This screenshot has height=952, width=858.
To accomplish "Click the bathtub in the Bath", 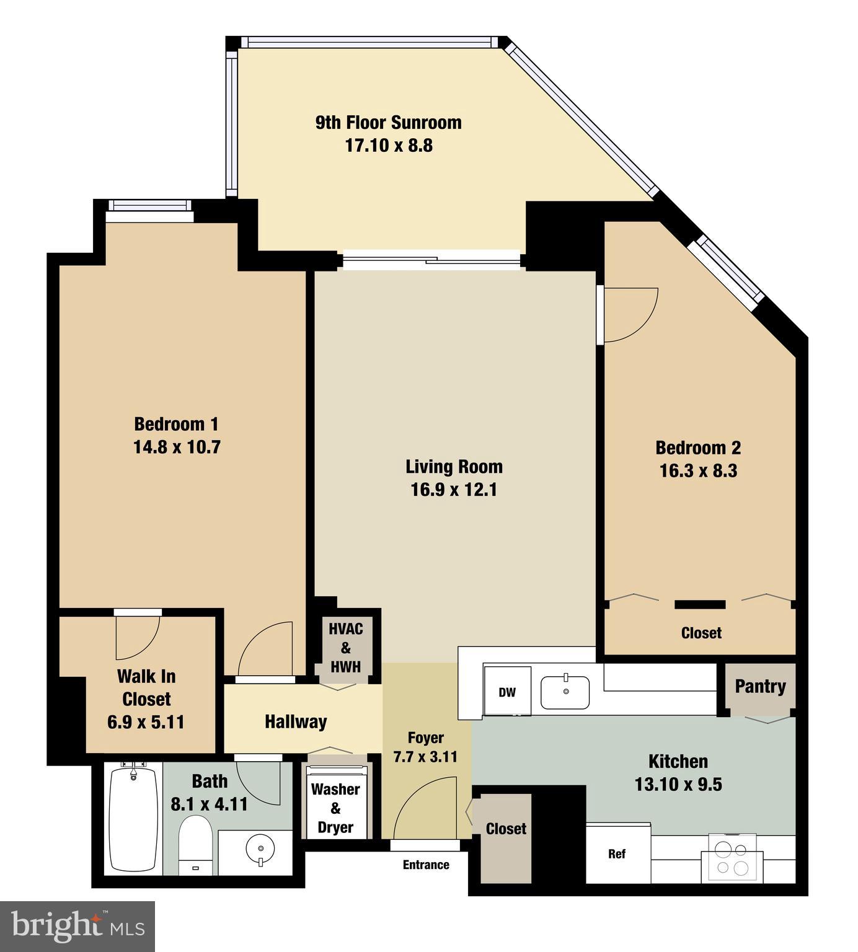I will (x=133, y=819).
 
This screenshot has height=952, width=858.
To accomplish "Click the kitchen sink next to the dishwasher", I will (x=565, y=692).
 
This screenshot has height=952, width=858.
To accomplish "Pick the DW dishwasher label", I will (x=507, y=692).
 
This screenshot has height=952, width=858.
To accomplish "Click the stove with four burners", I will (x=732, y=858).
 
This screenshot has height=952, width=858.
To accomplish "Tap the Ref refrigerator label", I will (x=616, y=854).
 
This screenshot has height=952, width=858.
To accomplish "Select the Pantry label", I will (x=760, y=686).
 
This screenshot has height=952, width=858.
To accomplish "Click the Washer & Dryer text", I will (x=335, y=808).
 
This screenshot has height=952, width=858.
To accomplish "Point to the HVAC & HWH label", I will (x=346, y=648).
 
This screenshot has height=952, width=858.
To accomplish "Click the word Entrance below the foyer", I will (x=426, y=865).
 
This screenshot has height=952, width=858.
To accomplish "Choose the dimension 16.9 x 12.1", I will (x=454, y=490).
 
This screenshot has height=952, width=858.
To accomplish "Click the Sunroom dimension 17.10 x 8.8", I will (x=389, y=146).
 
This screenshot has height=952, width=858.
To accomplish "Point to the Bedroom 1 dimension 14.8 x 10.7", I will (x=177, y=447).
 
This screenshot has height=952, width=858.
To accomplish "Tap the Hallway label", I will (x=296, y=721).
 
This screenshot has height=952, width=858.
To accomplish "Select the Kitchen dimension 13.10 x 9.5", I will (x=678, y=785).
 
